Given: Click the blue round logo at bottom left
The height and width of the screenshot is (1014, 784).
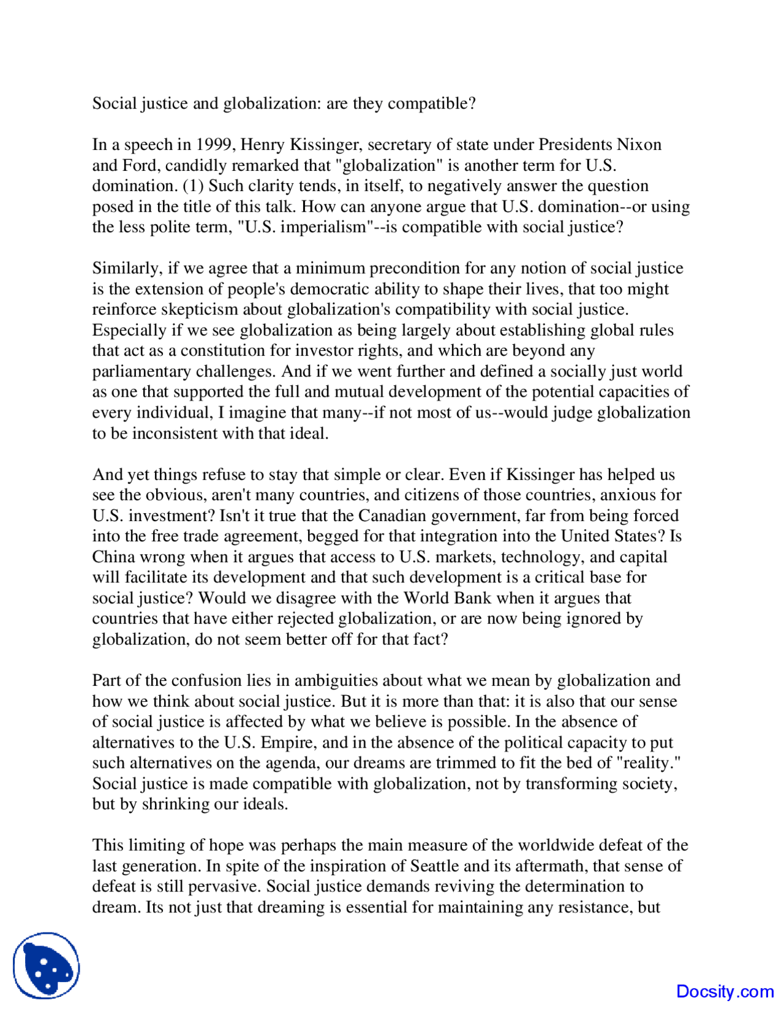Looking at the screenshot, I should click(47, 966).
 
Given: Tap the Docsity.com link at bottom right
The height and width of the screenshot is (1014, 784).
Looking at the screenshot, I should click(725, 991).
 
